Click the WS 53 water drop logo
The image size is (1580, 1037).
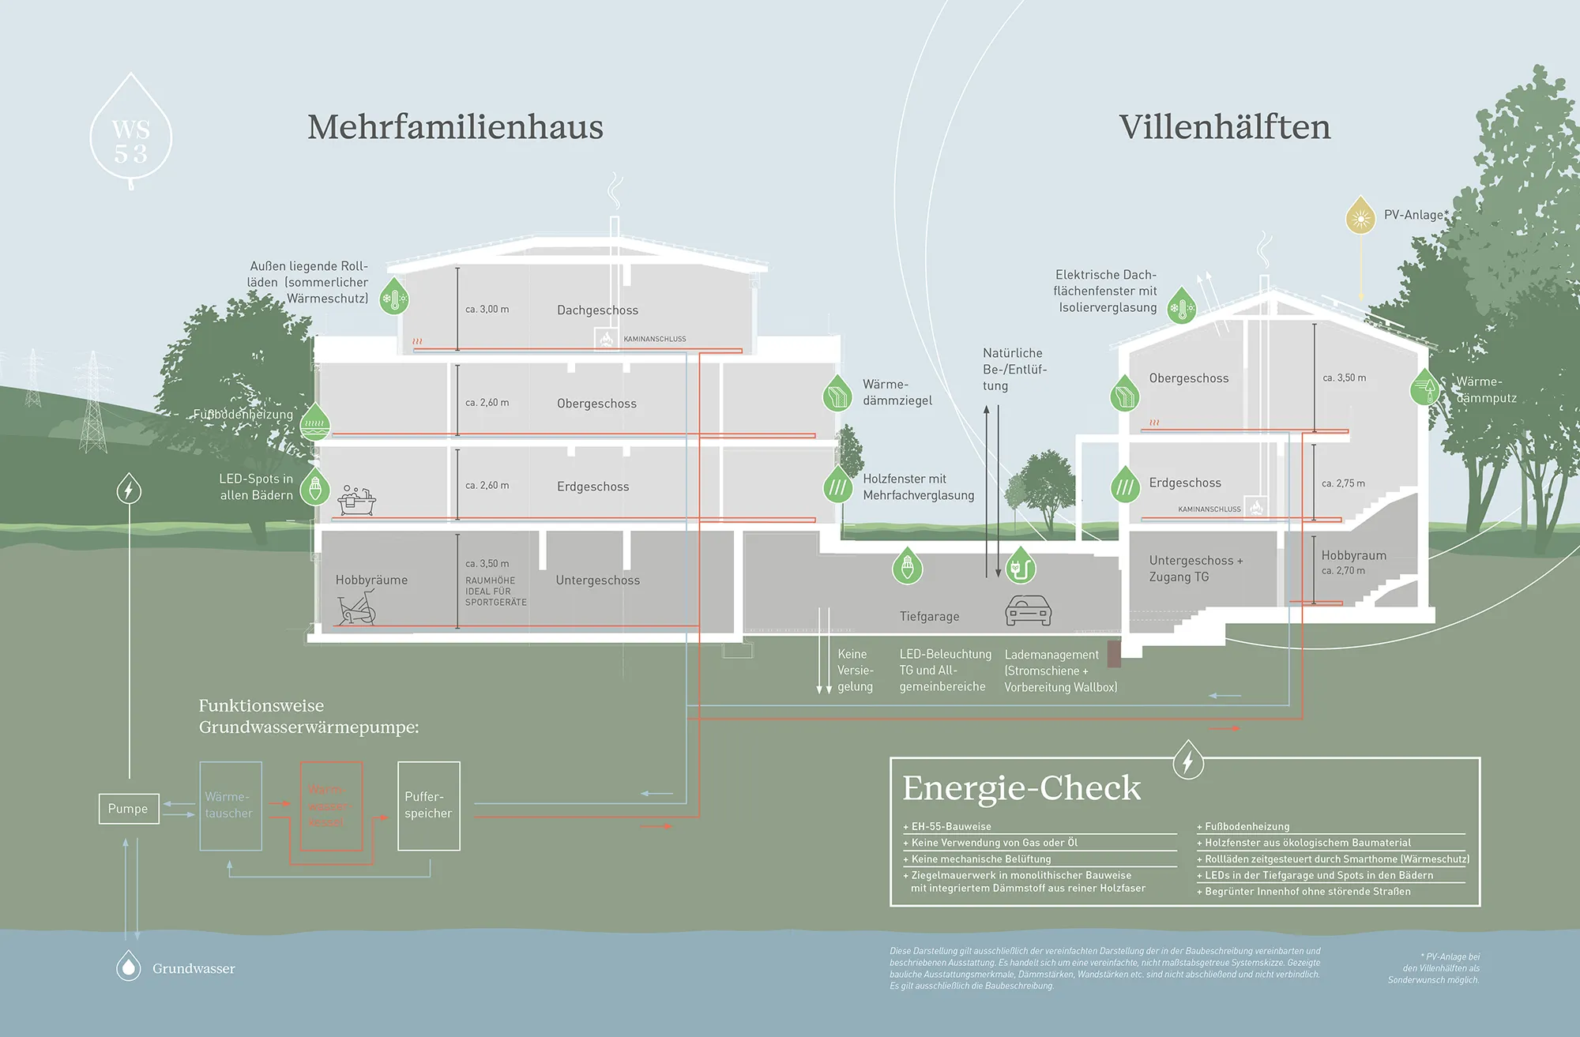tap(131, 134)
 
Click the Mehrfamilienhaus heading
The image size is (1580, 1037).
tap(455, 127)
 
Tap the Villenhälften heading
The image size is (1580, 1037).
tap(1224, 127)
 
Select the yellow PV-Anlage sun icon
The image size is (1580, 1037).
tap(1360, 216)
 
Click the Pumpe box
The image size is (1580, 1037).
tap(129, 809)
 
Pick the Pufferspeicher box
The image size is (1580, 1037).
tap(429, 806)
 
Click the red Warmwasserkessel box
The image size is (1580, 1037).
tap(331, 806)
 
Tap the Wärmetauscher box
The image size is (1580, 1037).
tap(231, 806)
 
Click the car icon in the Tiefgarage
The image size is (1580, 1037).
tap(1028, 611)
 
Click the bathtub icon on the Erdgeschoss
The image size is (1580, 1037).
tap(357, 502)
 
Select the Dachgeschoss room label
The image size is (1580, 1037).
tap(597, 310)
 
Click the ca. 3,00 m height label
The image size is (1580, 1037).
tap(487, 310)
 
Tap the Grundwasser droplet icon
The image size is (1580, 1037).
tap(129, 967)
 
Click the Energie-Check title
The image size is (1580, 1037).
tap(1021, 788)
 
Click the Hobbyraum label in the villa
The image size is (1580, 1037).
tap(1353, 555)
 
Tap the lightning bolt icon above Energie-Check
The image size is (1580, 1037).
tap(1187, 761)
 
